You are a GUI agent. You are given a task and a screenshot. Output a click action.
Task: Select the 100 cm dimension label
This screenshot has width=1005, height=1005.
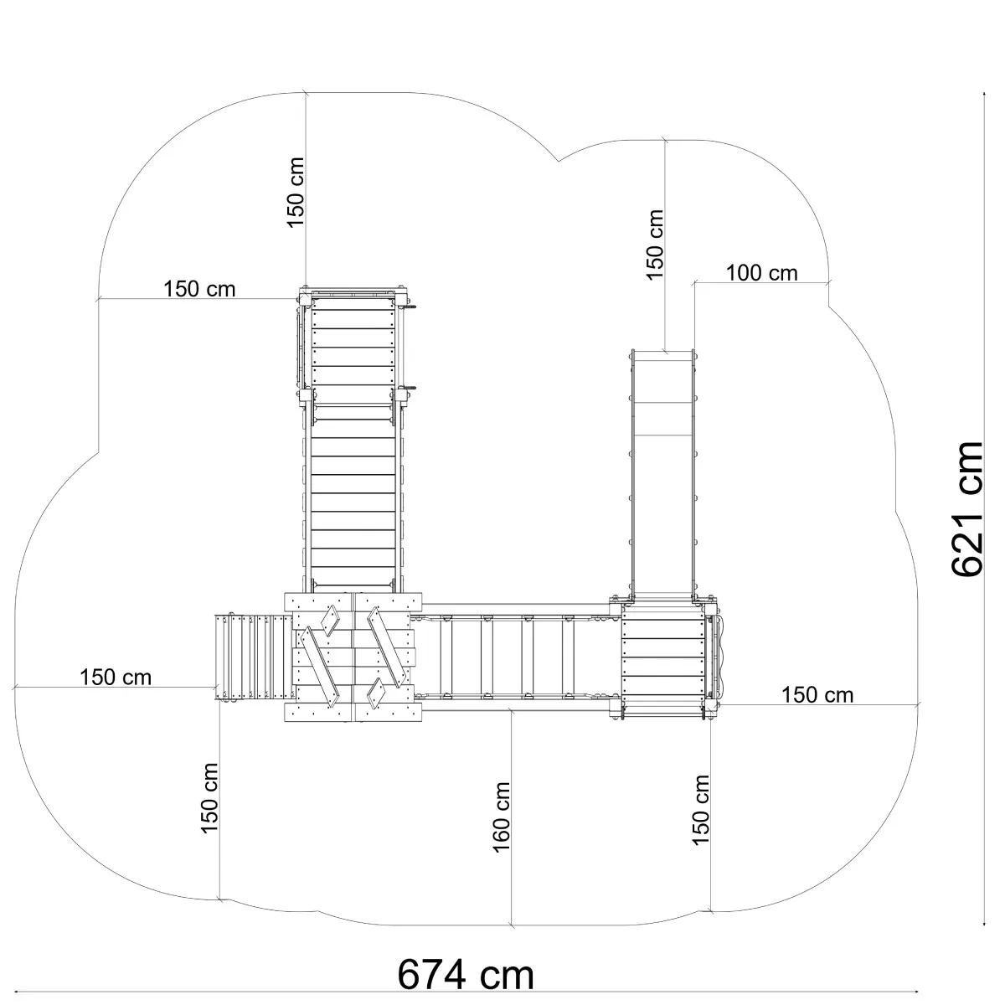[761, 273]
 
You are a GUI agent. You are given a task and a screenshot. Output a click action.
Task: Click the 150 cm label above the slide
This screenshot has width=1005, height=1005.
[655, 245]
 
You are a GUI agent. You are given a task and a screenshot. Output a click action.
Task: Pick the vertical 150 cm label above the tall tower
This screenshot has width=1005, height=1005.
[295, 193]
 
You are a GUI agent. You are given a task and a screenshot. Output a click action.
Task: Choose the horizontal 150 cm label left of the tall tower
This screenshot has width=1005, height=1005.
[199, 289]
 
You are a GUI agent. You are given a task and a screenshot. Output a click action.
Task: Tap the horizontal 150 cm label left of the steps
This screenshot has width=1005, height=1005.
[116, 678]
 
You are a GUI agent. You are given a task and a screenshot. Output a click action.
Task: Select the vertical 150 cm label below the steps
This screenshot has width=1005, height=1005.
[209, 798]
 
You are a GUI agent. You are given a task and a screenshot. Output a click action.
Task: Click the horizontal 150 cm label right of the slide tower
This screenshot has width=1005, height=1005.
[817, 694]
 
